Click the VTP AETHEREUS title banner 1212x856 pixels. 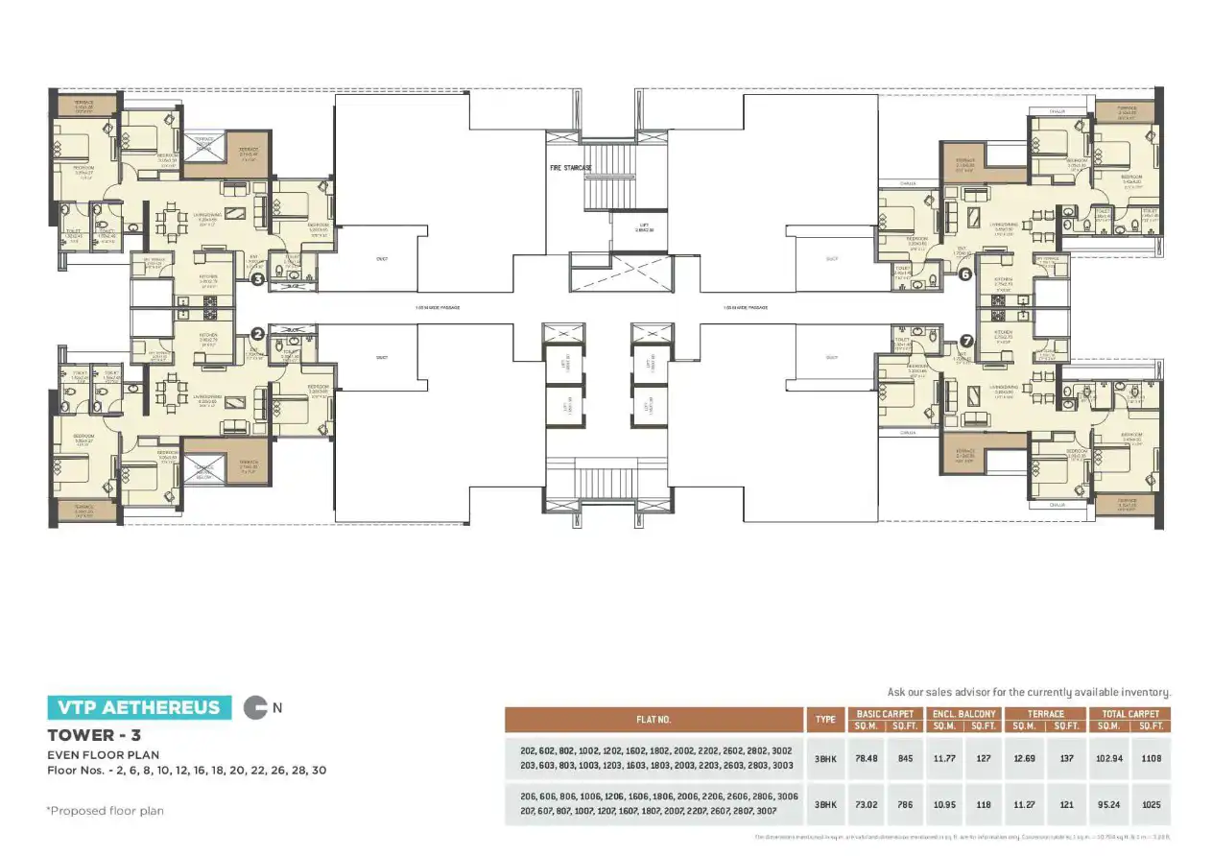click(139, 708)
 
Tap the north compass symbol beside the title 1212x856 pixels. click(256, 708)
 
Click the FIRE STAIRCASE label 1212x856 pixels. click(570, 168)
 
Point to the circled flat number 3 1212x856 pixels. click(257, 280)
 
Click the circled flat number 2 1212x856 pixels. click(257, 334)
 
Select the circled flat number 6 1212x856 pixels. click(965, 273)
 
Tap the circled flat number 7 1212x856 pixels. click(965, 340)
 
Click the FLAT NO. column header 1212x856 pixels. click(654, 720)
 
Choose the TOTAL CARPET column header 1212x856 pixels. click(1130, 714)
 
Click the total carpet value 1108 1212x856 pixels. click(1152, 757)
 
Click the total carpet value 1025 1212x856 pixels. click(1152, 804)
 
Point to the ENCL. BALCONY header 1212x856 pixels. click(963, 714)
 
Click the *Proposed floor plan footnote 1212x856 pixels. click(106, 811)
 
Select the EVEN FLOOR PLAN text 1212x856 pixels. click(103, 754)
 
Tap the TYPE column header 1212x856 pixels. click(825, 720)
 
